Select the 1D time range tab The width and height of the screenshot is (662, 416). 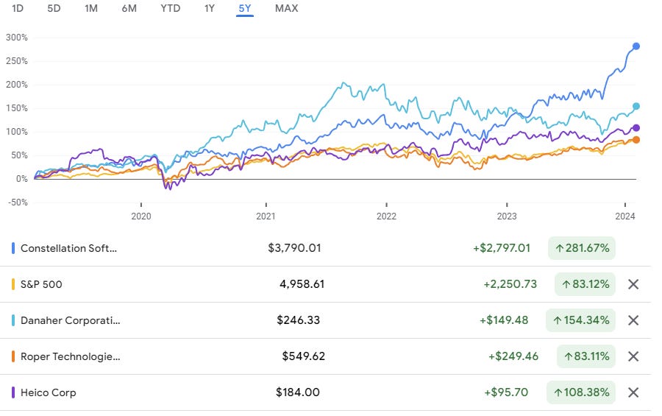18,9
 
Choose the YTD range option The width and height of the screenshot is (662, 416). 170,9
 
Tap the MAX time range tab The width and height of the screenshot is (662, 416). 286,9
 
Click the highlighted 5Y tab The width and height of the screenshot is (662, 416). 244,9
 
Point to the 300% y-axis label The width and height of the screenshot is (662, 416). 16,38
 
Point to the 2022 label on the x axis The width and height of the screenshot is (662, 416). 386,216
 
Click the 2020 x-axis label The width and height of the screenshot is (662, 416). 140,216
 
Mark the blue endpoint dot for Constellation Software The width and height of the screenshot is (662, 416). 636,46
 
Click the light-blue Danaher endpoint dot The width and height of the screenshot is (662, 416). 636,106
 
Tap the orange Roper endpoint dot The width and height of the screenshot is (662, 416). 636,140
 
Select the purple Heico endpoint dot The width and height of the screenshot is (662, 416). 636,128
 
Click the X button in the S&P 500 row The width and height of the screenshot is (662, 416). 633,284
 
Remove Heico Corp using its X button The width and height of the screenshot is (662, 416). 633,392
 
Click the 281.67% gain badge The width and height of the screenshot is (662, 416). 582,248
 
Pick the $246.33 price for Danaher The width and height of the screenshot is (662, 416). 298,320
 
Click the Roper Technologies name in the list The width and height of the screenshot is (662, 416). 70,356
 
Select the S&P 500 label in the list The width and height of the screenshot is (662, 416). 41,284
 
